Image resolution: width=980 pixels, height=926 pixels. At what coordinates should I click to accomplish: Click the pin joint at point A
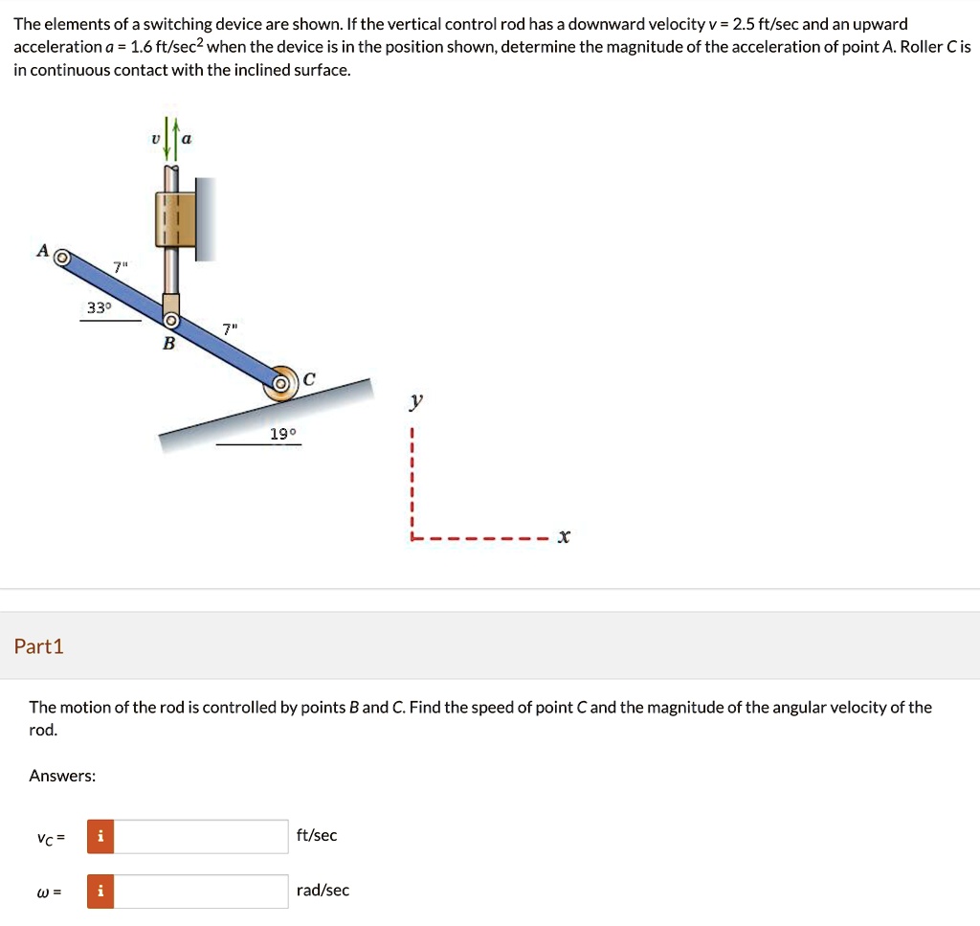[x=61, y=258]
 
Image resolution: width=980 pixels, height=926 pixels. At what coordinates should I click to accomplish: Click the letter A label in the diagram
[x=42, y=250]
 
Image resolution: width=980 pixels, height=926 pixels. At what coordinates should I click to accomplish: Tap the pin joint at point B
[x=170, y=321]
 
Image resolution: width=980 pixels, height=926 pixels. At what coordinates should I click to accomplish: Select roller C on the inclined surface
[x=281, y=383]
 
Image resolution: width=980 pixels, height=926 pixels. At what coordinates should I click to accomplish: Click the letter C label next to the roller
[x=308, y=379]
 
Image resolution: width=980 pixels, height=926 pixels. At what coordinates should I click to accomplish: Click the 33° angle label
[x=99, y=307]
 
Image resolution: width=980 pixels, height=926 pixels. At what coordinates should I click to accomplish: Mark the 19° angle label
[x=283, y=434]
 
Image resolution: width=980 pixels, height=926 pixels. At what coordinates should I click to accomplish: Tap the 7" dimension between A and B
[x=119, y=267]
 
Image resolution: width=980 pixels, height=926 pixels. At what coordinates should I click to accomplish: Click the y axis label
[x=413, y=403]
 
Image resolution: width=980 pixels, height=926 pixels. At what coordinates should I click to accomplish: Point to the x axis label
[x=564, y=537]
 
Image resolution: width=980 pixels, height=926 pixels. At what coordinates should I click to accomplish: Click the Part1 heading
[x=39, y=646]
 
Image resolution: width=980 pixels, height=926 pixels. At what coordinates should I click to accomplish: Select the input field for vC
[x=202, y=836]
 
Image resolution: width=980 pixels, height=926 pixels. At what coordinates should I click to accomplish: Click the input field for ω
[x=202, y=891]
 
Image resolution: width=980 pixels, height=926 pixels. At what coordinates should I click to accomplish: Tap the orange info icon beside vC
[x=99, y=836]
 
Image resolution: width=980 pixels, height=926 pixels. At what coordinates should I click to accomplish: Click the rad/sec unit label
[x=323, y=891]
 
